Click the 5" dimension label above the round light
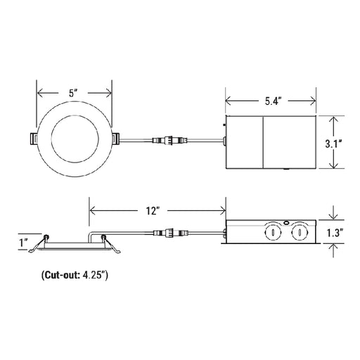[73, 94]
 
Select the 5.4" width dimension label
[273, 101]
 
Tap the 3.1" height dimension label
[334, 143]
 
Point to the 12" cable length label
[153, 211]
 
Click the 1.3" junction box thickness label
[335, 233]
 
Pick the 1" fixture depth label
[24, 243]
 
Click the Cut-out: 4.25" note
[75, 275]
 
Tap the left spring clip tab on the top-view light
[33, 139]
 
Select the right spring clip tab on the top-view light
[115, 139]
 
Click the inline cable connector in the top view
[170, 140]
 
